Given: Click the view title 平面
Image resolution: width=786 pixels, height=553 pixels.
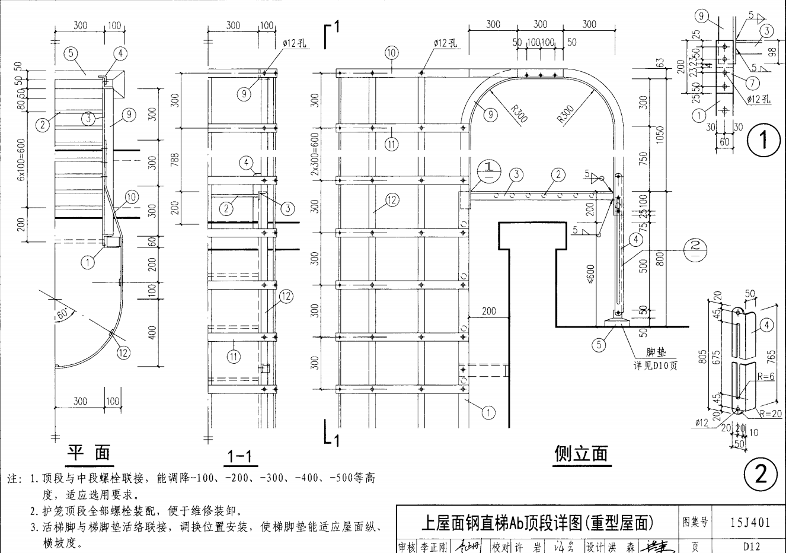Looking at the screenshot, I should pyautogui.click(x=88, y=453).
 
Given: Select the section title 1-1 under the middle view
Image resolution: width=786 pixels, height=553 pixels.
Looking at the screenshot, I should pyautogui.click(x=239, y=456).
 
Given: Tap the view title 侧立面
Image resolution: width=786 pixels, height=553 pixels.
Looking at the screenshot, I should pyautogui.click(x=581, y=454).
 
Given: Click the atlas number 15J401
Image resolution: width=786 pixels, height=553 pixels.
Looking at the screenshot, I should pyautogui.click(x=750, y=522).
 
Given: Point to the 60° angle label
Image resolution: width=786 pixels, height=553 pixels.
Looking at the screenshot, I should pyautogui.click(x=63, y=314).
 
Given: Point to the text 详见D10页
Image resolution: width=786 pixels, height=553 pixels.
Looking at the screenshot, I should pyautogui.click(x=655, y=365).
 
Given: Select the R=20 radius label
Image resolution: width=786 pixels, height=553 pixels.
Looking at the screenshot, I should pyautogui.click(x=772, y=414).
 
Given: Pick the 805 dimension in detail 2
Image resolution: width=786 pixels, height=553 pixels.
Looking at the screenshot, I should pyautogui.click(x=703, y=355).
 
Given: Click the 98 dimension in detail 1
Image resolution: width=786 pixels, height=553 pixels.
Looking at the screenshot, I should pyautogui.click(x=772, y=52).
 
